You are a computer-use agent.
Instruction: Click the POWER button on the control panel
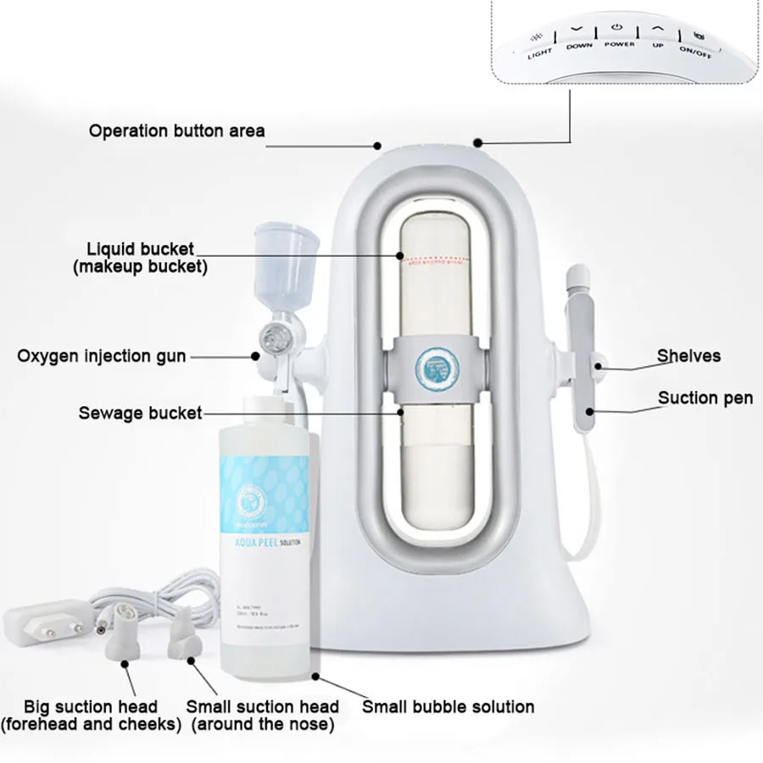click(619, 34)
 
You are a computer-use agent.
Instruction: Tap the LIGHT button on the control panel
click(539, 44)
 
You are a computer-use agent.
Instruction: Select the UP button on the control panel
click(658, 34)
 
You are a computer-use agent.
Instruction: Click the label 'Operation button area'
click(177, 131)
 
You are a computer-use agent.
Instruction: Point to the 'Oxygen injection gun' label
click(102, 355)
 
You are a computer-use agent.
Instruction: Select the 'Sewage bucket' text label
click(140, 414)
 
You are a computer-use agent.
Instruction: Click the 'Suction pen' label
click(705, 398)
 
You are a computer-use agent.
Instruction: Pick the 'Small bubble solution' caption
click(448, 706)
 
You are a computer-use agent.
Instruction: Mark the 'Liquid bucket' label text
click(141, 249)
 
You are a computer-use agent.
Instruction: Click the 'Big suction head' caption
click(91, 706)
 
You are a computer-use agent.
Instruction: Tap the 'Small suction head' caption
click(262, 706)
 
